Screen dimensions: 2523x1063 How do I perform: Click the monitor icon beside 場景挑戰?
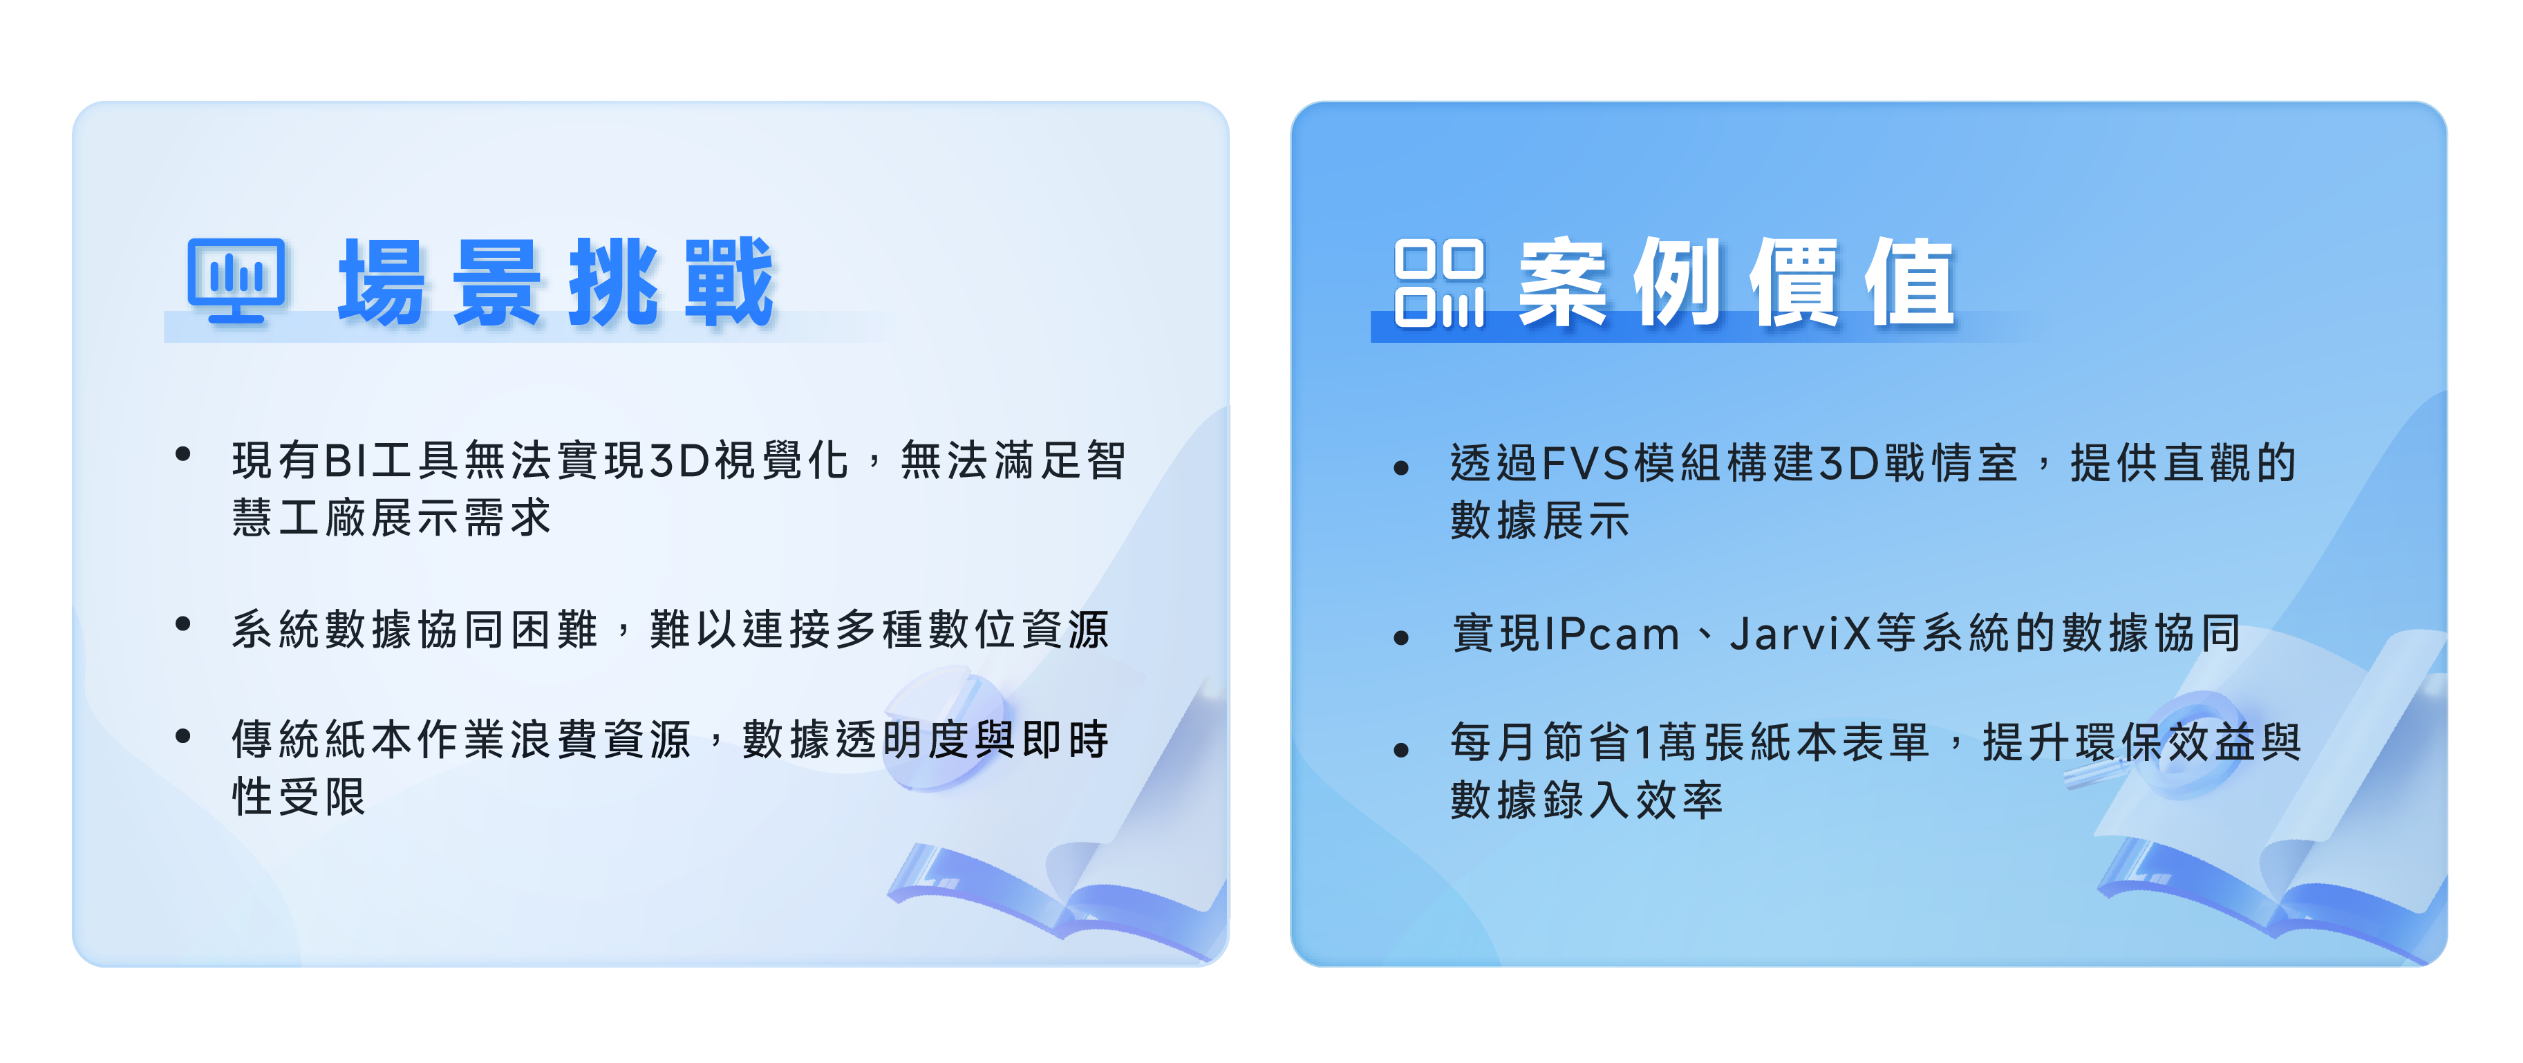point(236,280)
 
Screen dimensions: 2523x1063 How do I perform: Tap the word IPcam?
point(1612,634)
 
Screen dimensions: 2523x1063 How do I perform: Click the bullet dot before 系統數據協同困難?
point(182,623)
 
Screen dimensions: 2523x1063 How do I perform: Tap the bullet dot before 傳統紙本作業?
point(182,736)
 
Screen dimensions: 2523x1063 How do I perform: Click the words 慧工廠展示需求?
point(393,517)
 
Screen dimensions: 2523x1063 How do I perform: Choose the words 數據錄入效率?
point(1586,800)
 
